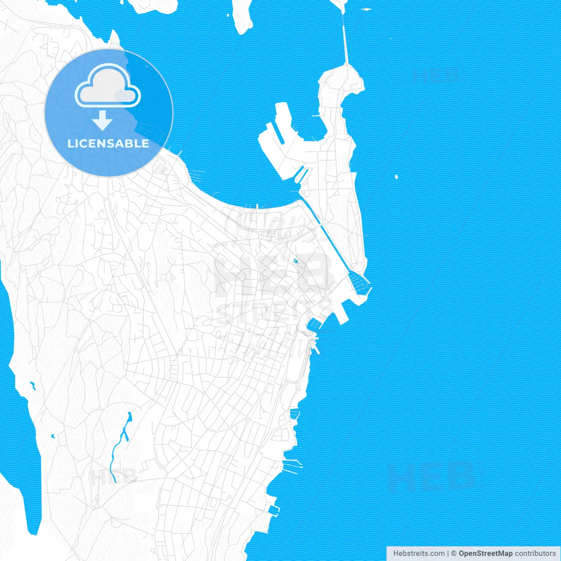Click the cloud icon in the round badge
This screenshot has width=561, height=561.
[x=108, y=86]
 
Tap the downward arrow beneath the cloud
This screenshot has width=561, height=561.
[x=103, y=120]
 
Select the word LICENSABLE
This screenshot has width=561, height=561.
[x=108, y=143]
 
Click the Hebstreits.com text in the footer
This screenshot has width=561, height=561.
[x=419, y=554]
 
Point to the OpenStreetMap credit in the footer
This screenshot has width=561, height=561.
[x=485, y=554]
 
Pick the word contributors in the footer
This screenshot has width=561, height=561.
[x=535, y=554]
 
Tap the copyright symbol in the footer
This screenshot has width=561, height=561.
[x=454, y=554]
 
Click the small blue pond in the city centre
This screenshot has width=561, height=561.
[x=295, y=262]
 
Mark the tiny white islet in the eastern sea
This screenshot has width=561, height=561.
[x=396, y=177]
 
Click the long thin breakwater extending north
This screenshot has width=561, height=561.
[x=345, y=39]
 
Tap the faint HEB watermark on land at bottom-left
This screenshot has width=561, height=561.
[x=113, y=476]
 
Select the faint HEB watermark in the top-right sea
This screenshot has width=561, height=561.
[x=436, y=75]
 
